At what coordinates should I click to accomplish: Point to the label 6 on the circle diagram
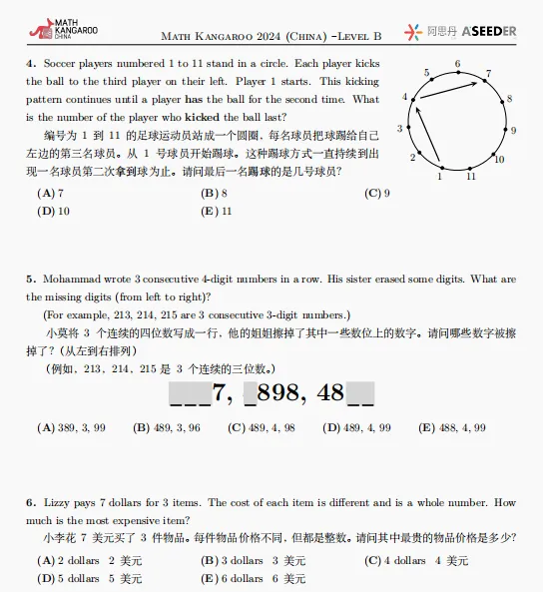click(x=457, y=64)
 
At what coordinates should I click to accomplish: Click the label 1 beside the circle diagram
click(x=440, y=177)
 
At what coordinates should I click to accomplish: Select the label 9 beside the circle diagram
click(x=513, y=131)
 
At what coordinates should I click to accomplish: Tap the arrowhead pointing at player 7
click(x=477, y=80)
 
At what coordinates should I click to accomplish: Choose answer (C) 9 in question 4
click(x=377, y=194)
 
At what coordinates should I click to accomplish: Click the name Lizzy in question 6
click(x=57, y=503)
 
